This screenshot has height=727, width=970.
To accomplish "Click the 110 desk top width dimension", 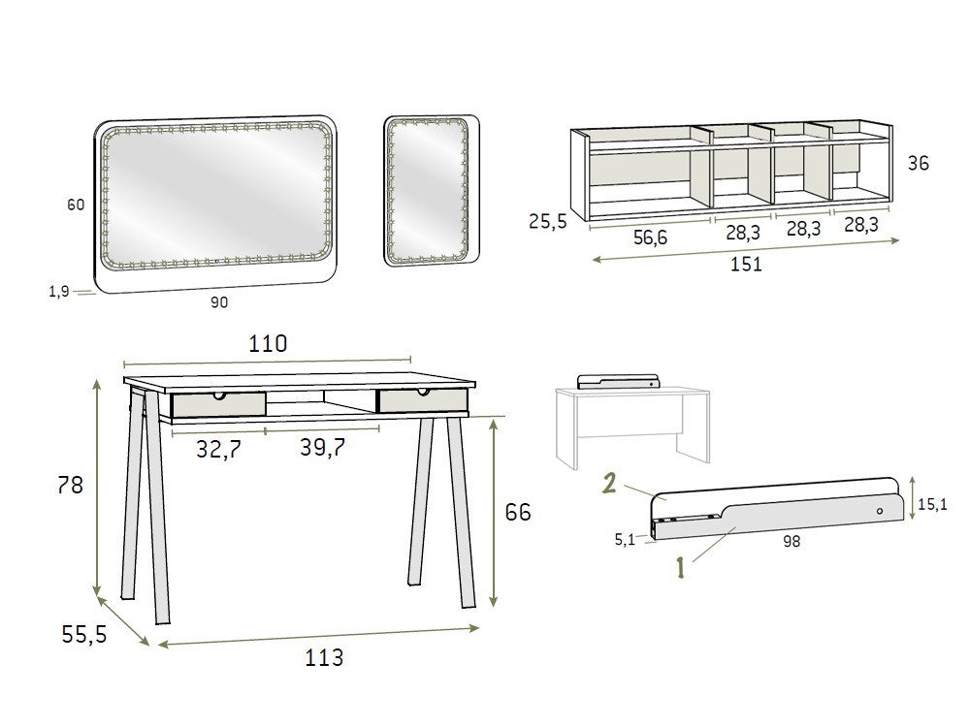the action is click(x=268, y=343).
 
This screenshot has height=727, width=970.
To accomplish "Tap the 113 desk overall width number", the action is click(x=324, y=657).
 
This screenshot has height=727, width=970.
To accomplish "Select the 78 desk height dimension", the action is click(x=70, y=486).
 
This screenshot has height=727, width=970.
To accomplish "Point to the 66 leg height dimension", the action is click(x=518, y=512).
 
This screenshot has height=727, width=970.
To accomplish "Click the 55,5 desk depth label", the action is click(x=84, y=634).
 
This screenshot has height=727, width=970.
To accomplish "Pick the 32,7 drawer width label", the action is click(x=218, y=449).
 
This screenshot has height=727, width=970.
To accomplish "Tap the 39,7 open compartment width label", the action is click(x=322, y=446).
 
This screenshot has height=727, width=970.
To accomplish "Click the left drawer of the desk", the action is click(x=218, y=403).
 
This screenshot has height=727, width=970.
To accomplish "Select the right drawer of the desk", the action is click(x=423, y=400).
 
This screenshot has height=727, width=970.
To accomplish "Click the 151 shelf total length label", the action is click(x=746, y=264).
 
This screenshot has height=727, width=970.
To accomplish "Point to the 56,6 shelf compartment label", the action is click(x=650, y=237).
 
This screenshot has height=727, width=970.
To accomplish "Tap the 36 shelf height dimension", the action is click(x=918, y=163).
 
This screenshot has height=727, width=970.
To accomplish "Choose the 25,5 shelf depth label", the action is click(x=547, y=221).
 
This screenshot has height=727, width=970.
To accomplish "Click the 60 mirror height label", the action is click(x=76, y=204).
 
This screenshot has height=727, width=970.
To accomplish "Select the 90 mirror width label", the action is click(x=219, y=301).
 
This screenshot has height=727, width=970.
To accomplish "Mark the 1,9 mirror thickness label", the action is click(x=59, y=291).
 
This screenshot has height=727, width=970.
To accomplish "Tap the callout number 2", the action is click(x=609, y=483).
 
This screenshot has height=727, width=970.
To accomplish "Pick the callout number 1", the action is click(x=681, y=567).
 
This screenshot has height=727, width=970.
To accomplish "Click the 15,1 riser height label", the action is click(x=932, y=504).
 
